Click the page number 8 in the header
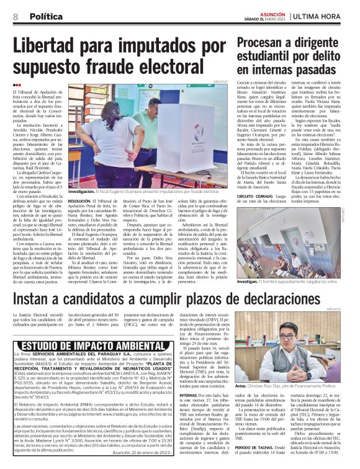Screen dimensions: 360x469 click(x=15, y=16)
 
